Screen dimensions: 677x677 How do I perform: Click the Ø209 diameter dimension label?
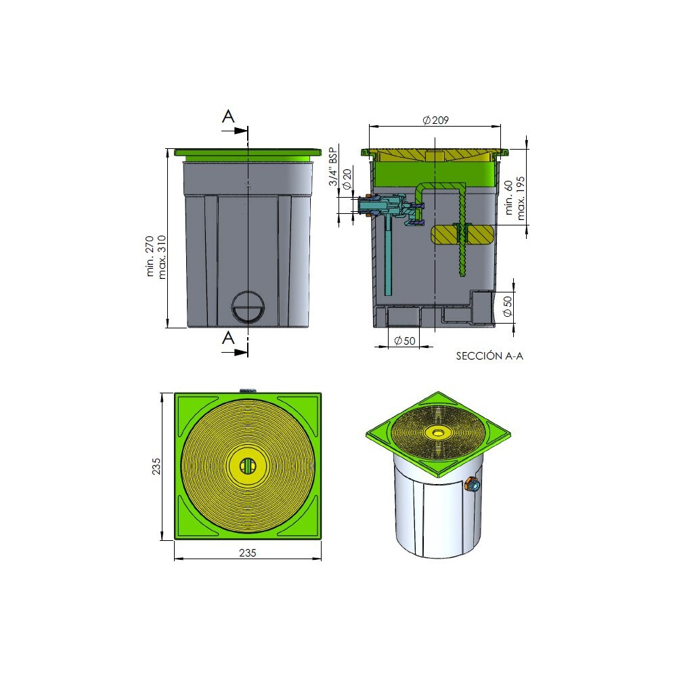click(435, 120)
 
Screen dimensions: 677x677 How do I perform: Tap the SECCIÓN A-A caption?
click(489, 356)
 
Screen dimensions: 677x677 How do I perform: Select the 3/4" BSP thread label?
click(333, 167)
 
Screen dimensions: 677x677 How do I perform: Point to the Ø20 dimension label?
click(347, 179)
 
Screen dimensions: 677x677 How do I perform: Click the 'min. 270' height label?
click(150, 256)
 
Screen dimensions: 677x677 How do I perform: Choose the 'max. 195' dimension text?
click(521, 198)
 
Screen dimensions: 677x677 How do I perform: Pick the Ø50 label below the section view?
click(405, 341)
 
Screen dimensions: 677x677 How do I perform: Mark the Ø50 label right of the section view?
click(508, 306)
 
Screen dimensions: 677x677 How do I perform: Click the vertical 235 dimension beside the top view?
click(156, 466)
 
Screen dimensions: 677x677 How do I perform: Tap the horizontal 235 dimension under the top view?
click(247, 552)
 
